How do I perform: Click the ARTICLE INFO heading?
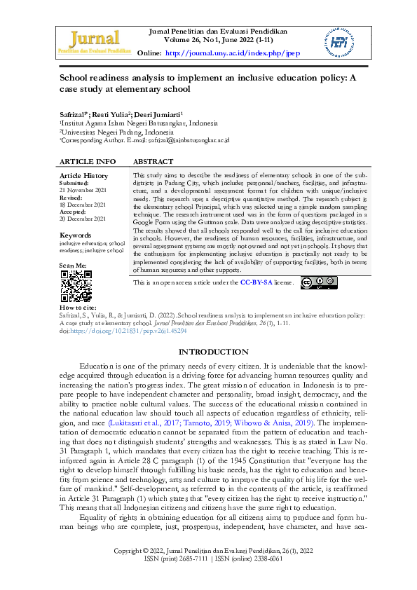point(88,161)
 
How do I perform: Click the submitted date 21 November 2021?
point(83,191)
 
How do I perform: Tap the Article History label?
point(84,175)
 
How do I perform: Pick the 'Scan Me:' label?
point(74,266)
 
